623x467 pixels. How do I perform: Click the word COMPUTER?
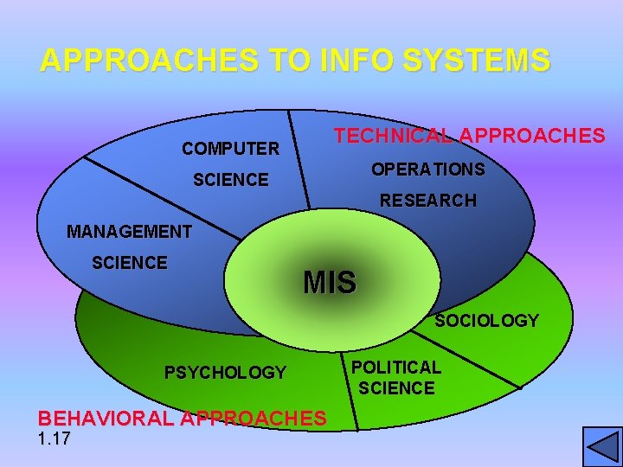coord(230,149)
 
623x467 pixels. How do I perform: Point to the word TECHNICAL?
coord(394,136)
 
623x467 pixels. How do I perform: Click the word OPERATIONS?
coord(427,169)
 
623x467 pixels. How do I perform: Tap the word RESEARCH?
coord(428,201)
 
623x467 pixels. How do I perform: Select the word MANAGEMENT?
coord(129,232)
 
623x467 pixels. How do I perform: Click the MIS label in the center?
coord(329,282)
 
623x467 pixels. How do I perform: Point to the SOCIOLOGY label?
coord(486,321)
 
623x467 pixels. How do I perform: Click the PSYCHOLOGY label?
coord(225,373)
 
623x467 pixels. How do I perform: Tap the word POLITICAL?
coord(395,367)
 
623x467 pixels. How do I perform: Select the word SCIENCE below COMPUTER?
coord(230,180)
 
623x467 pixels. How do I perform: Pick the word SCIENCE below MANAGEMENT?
coord(130,263)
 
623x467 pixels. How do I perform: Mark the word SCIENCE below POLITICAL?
coord(396,388)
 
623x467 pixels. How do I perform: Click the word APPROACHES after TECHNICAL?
coord(532,136)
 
